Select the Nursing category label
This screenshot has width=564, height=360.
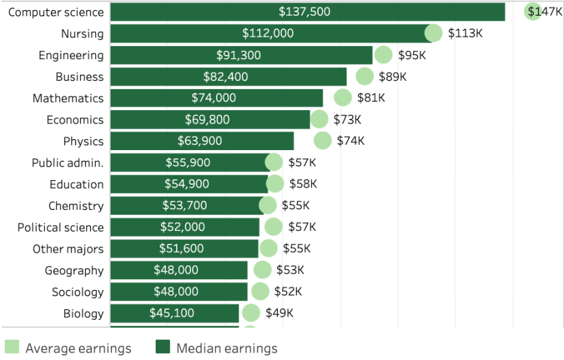tap(82, 34)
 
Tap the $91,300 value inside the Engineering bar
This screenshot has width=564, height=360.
tap(239, 56)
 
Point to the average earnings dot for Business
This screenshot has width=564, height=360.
tap(365, 77)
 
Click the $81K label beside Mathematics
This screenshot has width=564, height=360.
tap(371, 98)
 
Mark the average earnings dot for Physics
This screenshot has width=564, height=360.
tap(323, 141)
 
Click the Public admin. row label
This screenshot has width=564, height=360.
tap(67, 163)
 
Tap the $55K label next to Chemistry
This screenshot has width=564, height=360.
tap(296, 206)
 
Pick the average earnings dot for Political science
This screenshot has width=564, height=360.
tap(274, 227)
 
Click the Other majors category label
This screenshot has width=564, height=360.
tap(68, 249)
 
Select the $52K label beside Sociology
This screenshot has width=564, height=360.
tap(288, 292)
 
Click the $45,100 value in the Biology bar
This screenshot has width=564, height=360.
tap(172, 313)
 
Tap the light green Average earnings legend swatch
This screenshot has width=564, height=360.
tap(12, 348)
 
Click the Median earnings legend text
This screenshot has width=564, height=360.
tap(227, 348)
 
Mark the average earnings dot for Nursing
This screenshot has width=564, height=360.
tap(434, 33)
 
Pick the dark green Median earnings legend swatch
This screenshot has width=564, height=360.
tap(163, 348)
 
